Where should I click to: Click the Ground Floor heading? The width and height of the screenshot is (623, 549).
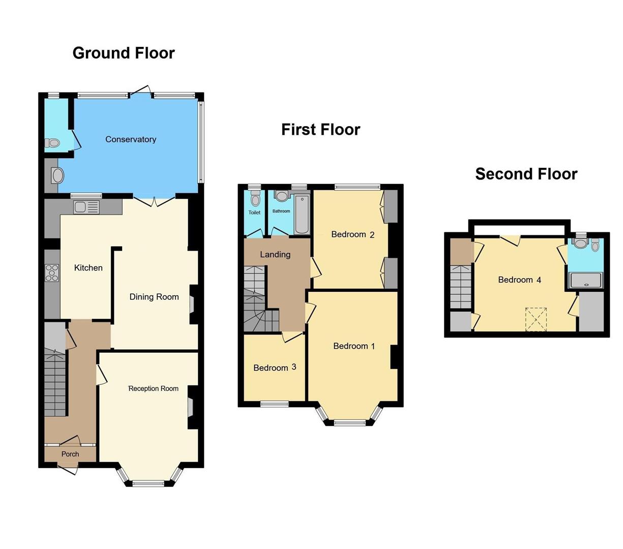(124, 53)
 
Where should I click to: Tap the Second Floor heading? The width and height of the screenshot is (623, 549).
(526, 174)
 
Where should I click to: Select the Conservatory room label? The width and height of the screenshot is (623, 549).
(131, 139)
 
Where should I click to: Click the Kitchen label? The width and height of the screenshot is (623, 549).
(88, 268)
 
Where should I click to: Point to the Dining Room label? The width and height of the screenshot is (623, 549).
(154, 297)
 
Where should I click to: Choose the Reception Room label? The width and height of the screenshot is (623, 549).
(154, 388)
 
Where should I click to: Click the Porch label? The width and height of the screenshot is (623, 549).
(70, 454)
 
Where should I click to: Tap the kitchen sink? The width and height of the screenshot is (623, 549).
(87, 207)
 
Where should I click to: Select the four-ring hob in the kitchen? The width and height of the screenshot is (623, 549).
(52, 273)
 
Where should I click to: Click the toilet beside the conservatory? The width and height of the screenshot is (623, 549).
(52, 143)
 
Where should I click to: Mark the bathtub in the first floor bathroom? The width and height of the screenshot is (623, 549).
(302, 214)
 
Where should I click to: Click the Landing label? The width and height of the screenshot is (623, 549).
(275, 255)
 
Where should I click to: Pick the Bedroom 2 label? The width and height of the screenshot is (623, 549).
(352, 234)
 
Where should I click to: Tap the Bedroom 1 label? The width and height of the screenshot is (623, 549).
(354, 346)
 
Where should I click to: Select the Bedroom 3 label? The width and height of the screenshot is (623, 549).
(275, 368)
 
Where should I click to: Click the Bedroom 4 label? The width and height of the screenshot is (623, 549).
(519, 280)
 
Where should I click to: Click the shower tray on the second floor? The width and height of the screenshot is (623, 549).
(586, 281)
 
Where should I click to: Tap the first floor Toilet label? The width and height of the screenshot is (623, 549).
(254, 212)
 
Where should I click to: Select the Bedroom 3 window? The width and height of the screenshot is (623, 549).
(275, 404)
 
